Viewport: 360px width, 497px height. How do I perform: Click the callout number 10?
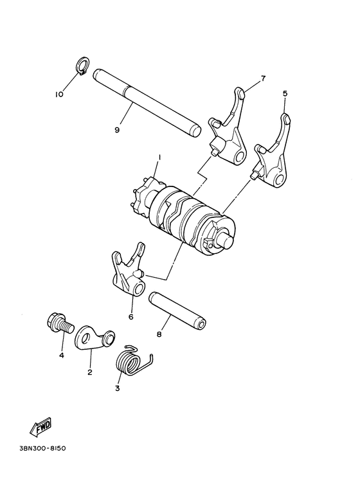pyautogui.click(x=59, y=95)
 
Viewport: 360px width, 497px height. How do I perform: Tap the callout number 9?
pyautogui.click(x=117, y=130)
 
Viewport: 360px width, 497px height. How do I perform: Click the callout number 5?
pyautogui.click(x=285, y=93)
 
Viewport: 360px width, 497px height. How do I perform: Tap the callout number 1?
pyautogui.click(x=159, y=156)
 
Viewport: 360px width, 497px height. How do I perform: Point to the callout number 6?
pyautogui.click(x=130, y=316)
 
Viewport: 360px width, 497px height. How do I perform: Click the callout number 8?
pyautogui.click(x=159, y=334)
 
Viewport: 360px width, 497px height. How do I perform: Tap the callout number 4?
pyautogui.click(x=62, y=354)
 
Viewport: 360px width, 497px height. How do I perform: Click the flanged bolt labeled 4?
pyautogui.click(x=57, y=322)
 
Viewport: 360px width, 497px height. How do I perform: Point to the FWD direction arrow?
pyautogui.click(x=40, y=426)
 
